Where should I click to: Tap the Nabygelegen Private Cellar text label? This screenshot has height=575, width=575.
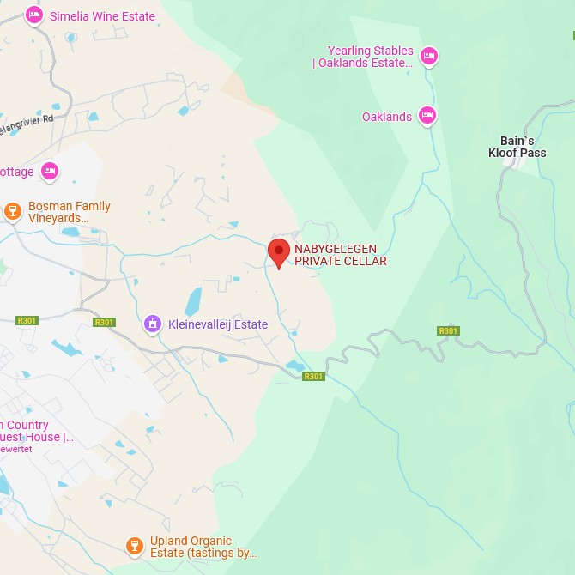(x=341, y=255)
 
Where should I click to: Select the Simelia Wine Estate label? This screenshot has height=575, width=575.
(x=102, y=16)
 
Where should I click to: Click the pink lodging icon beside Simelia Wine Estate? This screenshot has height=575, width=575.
(x=33, y=15)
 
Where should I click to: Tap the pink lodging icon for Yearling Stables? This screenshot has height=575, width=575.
(x=429, y=57)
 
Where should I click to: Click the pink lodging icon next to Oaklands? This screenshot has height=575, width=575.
(x=427, y=116)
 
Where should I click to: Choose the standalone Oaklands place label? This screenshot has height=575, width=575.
(x=387, y=117)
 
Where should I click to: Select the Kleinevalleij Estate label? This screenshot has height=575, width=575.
(x=217, y=324)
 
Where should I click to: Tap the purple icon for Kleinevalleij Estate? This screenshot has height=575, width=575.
(x=153, y=324)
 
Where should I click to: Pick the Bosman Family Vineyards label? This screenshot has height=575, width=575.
(x=69, y=212)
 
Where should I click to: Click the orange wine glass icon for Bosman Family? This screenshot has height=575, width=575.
(x=12, y=210)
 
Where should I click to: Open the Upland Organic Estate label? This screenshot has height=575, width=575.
(x=203, y=547)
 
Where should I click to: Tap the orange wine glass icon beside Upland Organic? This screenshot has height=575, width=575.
(x=134, y=545)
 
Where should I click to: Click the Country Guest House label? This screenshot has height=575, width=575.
(x=34, y=431)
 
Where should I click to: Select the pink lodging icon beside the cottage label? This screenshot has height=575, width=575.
(x=50, y=172)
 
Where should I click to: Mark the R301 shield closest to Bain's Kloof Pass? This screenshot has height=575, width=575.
(x=448, y=330)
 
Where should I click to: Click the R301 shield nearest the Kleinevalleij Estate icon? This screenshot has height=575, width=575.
(x=104, y=322)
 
